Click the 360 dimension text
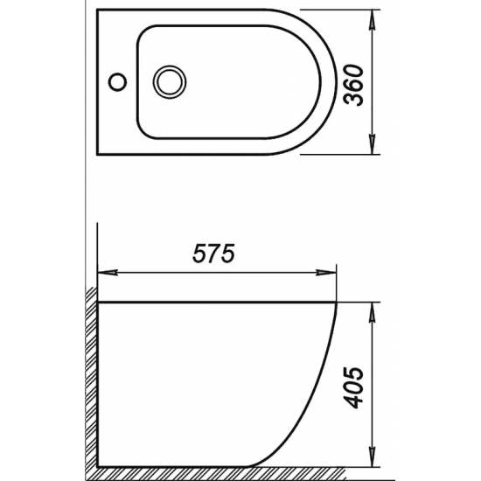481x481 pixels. click(x=354, y=83)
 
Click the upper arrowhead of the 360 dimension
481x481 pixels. click(x=374, y=17)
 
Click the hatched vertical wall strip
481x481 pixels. click(x=90, y=376)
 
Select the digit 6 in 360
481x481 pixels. click(x=354, y=83)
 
